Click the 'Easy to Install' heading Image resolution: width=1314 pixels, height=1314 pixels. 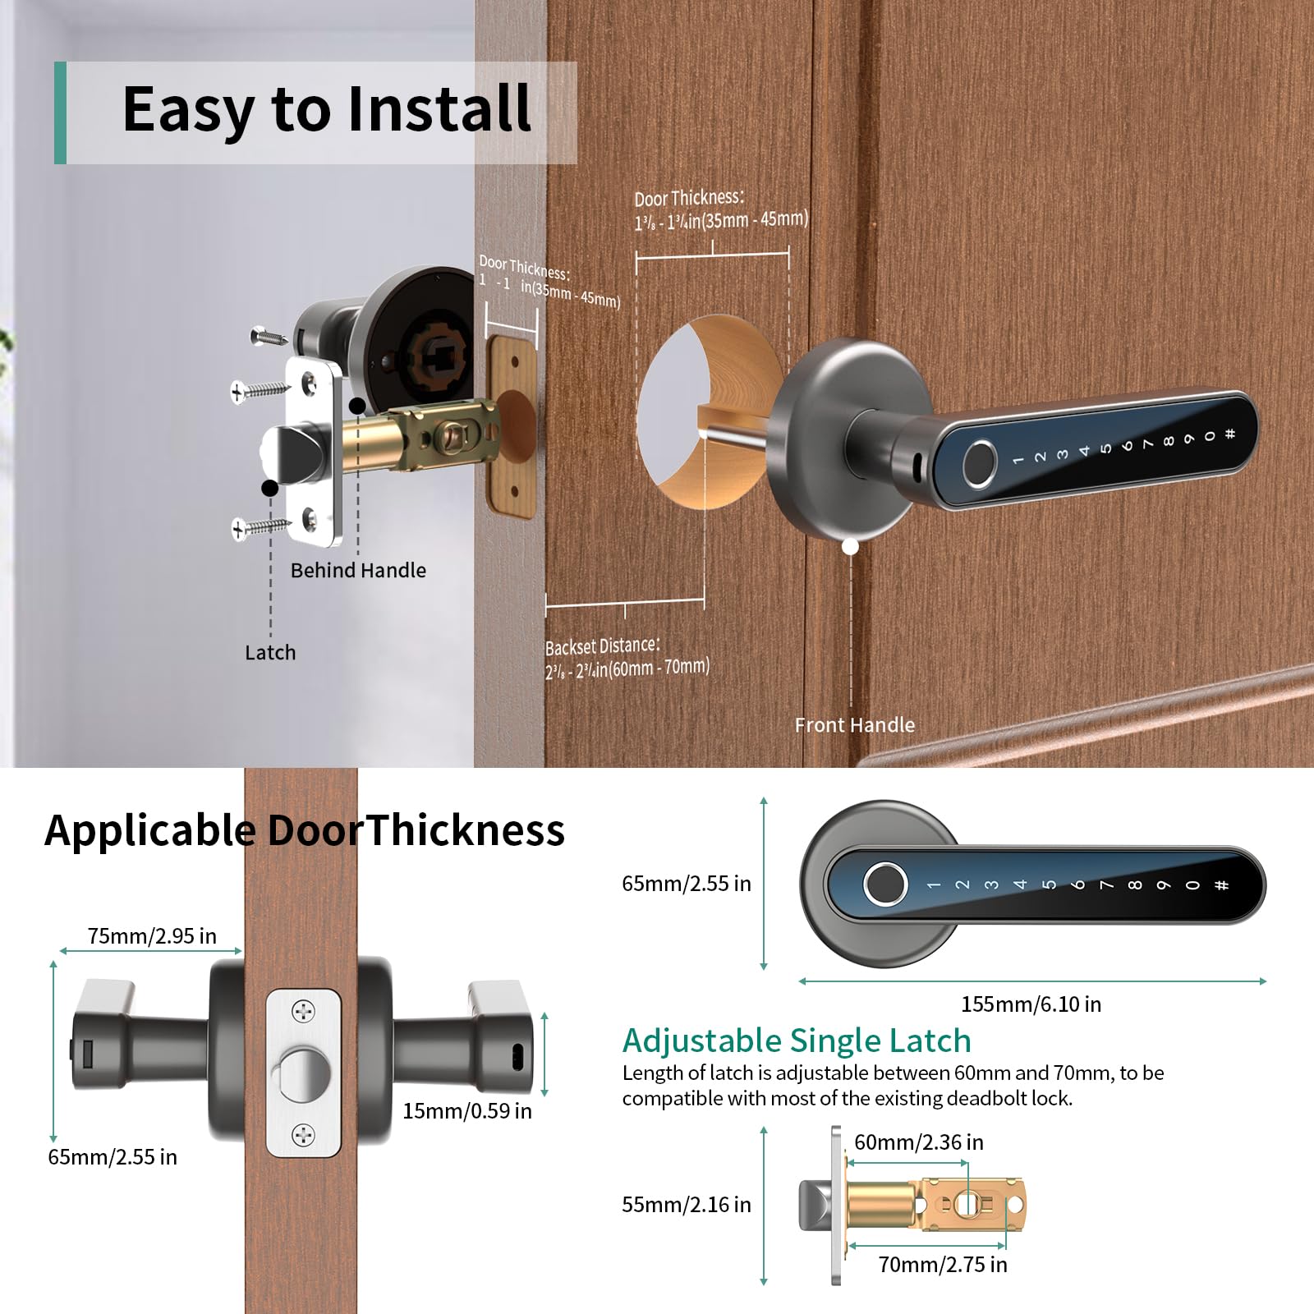(x=326, y=109)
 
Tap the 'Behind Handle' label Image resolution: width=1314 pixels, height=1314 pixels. (x=358, y=571)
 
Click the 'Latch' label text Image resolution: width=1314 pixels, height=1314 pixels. (x=270, y=653)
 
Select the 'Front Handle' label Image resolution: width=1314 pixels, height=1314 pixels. (x=854, y=725)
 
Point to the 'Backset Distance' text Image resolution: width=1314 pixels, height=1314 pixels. (x=602, y=646)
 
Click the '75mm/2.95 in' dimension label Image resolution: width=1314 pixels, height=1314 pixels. (x=152, y=936)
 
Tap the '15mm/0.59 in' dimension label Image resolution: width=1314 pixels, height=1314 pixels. (x=466, y=1111)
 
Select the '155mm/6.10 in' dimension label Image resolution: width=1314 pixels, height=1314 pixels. (x=1031, y=1004)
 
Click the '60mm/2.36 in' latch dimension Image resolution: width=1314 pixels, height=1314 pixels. (x=918, y=1142)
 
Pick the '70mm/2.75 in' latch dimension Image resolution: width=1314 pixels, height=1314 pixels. (x=942, y=1265)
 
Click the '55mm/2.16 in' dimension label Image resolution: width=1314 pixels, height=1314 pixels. (x=686, y=1205)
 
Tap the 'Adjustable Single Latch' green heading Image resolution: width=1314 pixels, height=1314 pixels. (x=797, y=1041)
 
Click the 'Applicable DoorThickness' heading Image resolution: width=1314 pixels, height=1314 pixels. (x=305, y=830)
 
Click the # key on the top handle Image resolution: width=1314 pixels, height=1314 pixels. (x=1229, y=434)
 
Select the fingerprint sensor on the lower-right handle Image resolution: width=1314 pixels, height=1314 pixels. (x=884, y=886)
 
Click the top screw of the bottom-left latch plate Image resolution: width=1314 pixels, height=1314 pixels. (x=304, y=1012)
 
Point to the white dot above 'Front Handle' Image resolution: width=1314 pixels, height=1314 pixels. (x=851, y=546)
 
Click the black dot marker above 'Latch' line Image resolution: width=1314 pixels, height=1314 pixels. (x=269, y=488)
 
